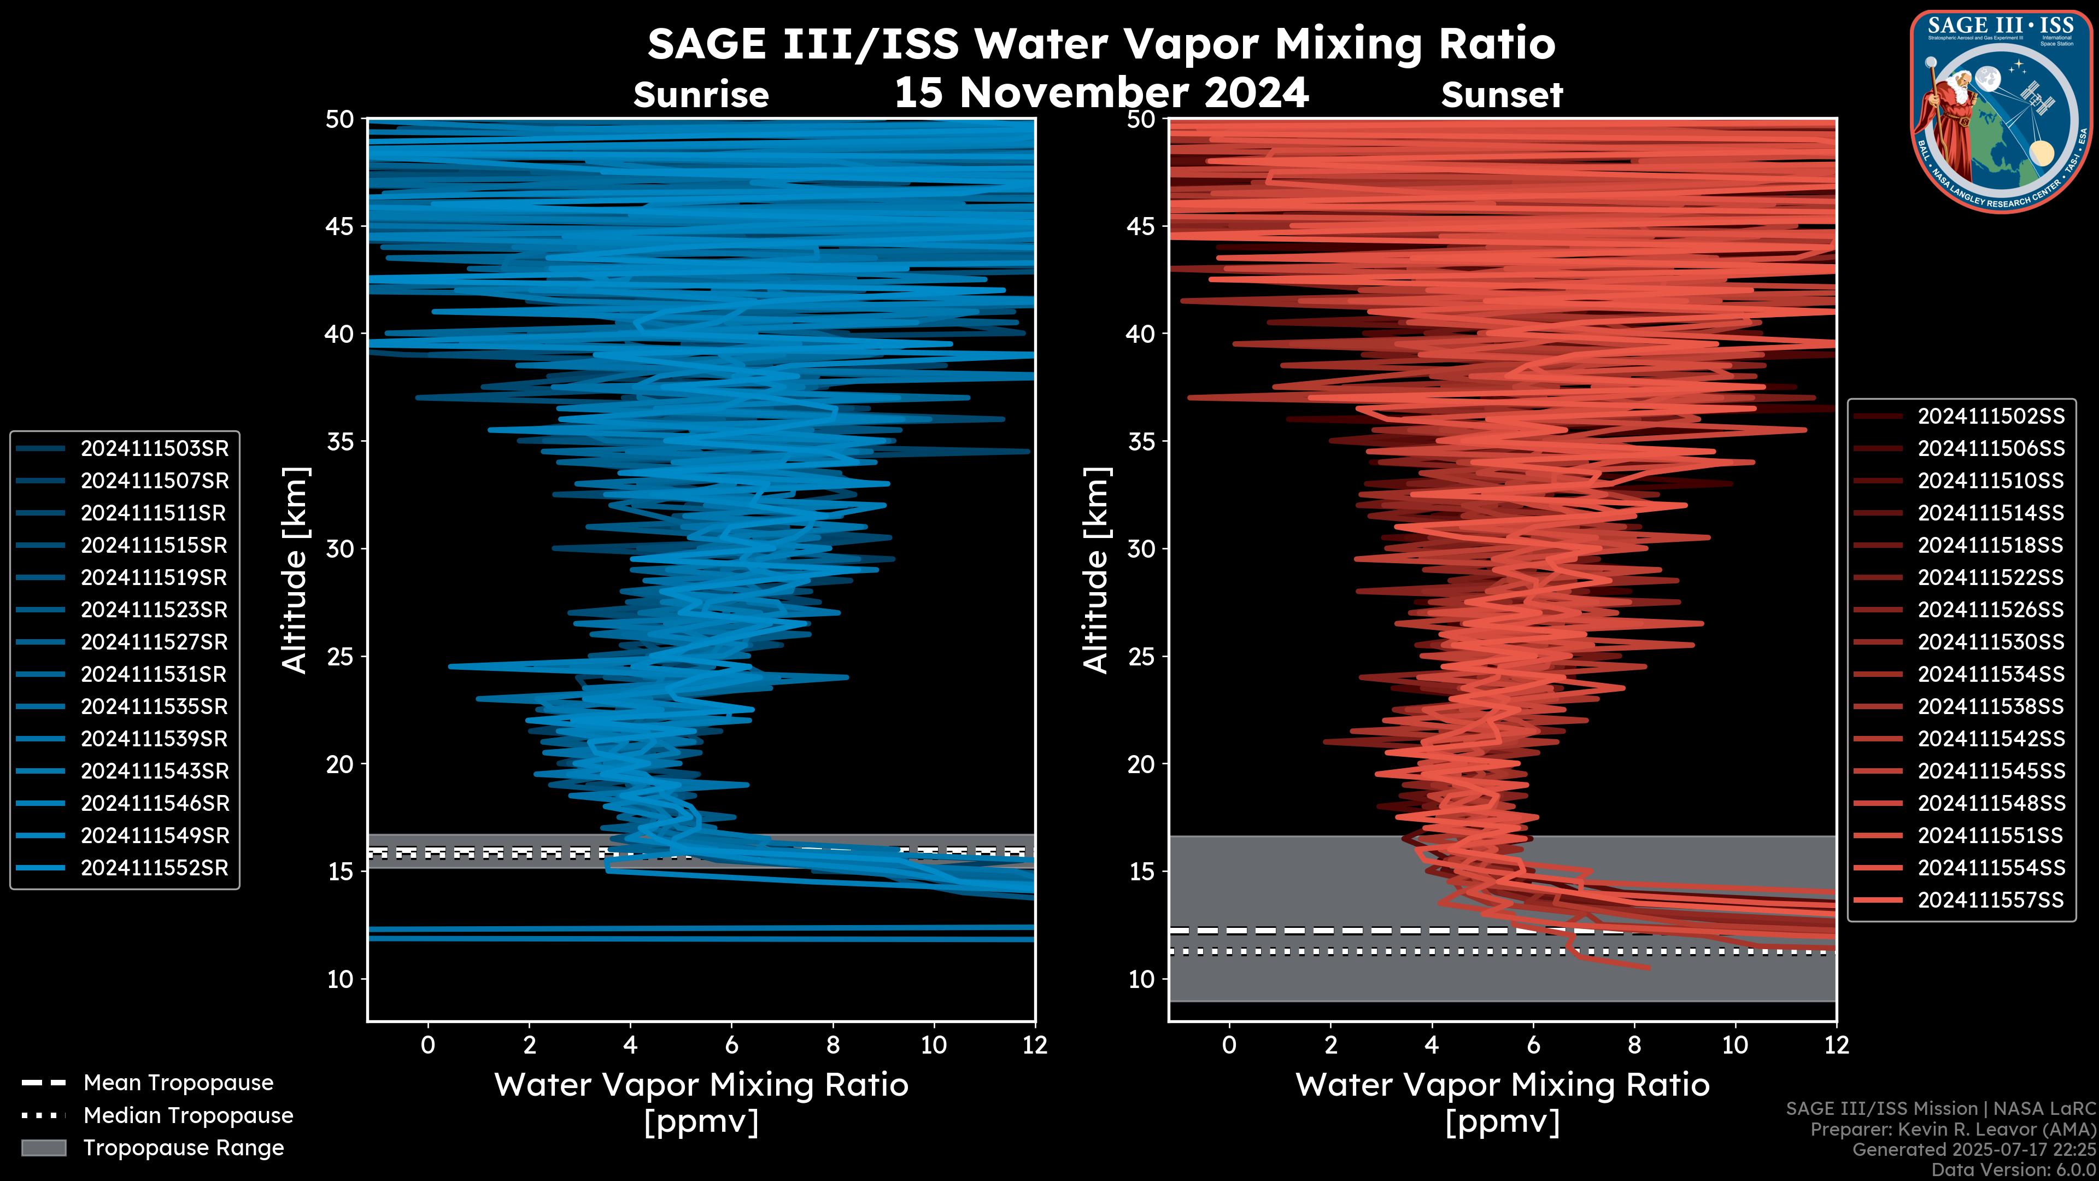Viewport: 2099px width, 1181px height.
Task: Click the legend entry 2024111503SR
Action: [154, 449]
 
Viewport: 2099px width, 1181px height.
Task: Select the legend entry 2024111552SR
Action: [154, 868]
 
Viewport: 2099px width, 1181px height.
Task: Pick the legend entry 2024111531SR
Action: [154, 675]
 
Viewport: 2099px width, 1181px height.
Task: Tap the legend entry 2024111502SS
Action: [1991, 417]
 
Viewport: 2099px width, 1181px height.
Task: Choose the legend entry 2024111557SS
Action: [1991, 900]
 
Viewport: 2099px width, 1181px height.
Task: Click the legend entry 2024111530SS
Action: [1991, 642]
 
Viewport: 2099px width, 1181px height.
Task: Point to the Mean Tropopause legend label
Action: [178, 1083]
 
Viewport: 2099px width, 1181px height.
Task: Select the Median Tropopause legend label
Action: [188, 1116]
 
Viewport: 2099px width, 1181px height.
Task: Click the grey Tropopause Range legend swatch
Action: [44, 1148]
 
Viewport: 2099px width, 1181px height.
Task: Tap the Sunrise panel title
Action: [701, 95]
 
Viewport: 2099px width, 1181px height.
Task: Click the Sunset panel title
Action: [1502, 95]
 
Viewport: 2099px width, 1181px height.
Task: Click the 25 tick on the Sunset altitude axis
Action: [1141, 657]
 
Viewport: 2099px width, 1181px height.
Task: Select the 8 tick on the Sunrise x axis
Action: [832, 1045]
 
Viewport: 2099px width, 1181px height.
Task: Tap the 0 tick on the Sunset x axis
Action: [1229, 1045]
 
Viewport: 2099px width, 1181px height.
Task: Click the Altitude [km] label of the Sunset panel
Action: [1097, 570]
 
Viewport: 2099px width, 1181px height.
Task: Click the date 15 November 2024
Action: [1101, 93]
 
